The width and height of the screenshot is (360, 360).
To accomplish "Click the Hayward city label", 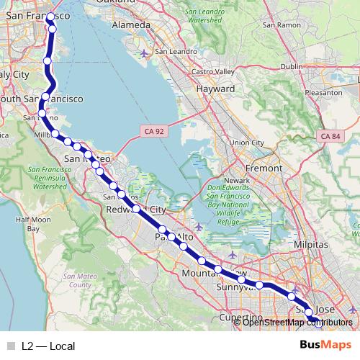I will coord(215,89).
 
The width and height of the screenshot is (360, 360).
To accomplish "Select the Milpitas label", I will coord(311,245).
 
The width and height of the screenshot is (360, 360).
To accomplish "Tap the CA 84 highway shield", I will coord(329,136).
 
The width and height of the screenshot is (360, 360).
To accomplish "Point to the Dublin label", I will coord(292,66).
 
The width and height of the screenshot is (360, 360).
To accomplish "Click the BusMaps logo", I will coord(325,344).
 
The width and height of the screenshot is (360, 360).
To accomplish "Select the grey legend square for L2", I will coord(10,346).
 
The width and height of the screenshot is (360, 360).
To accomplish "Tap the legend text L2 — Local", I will coord(48,346).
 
